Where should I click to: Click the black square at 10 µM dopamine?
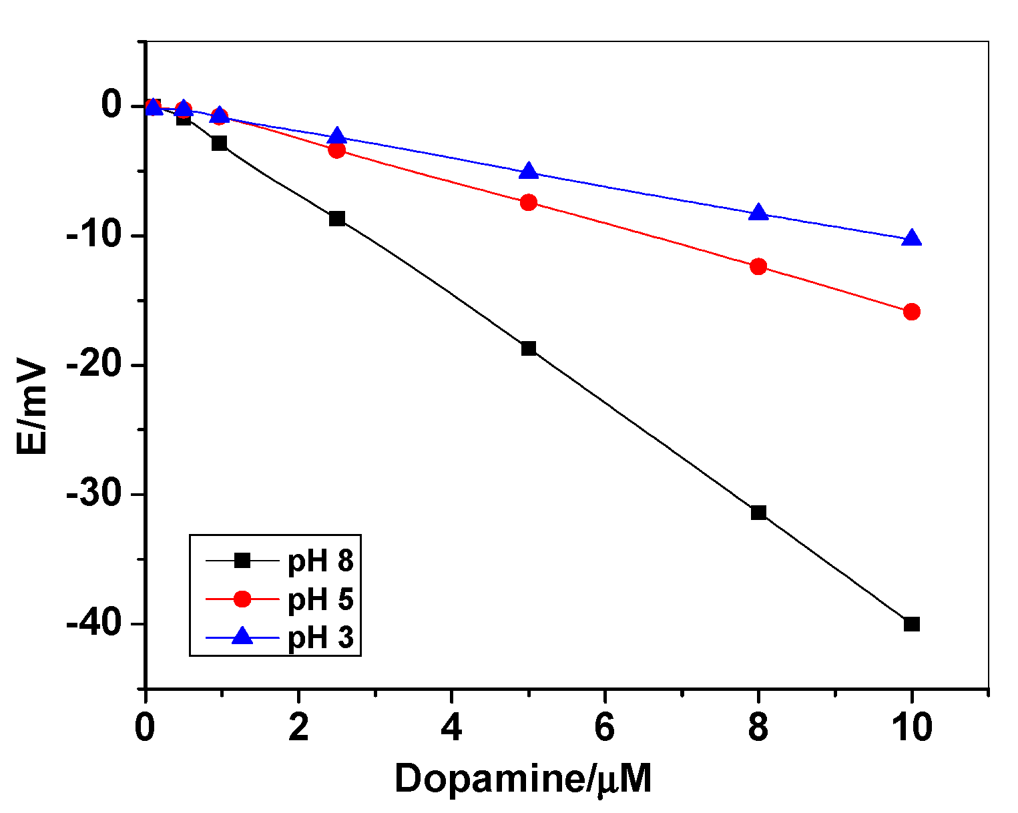pos(911,624)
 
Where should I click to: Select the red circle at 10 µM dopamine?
pos(911,312)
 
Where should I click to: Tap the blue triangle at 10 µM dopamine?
pos(911,238)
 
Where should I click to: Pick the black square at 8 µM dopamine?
pos(758,513)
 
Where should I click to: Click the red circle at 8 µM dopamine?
pos(758,266)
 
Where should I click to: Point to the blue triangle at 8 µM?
pos(758,213)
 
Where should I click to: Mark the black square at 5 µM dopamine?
pos(529,348)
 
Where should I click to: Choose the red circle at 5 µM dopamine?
pos(529,202)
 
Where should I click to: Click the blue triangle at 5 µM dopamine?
pos(529,171)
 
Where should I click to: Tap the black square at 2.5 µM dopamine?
pos(337,218)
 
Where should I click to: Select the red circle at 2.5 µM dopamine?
pos(337,150)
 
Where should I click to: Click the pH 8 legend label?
pos(320,561)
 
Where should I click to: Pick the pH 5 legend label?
pos(320,599)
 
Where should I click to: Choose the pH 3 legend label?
pos(320,638)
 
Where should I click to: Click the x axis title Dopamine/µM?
pos(523,778)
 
